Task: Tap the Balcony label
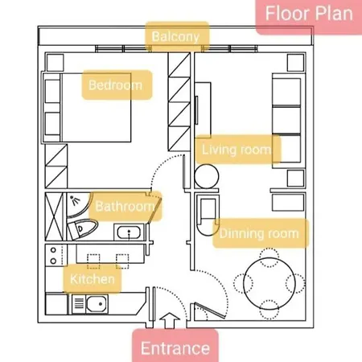point(177,36)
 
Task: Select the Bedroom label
point(117,84)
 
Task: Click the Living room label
point(238,150)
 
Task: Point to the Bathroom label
point(125,206)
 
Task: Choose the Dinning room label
point(261,233)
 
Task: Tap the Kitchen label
point(93,279)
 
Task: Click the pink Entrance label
point(175,347)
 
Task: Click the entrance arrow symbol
point(170,320)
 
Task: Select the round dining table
point(269,284)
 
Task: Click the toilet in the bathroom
point(81,228)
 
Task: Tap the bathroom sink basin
point(129,232)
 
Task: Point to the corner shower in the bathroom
point(77,204)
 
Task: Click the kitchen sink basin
point(97,304)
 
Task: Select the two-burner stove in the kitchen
point(54,255)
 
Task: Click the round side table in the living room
point(207,176)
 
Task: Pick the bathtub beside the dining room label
point(208,215)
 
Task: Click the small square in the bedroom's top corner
point(56,63)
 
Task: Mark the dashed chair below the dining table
point(269,310)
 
